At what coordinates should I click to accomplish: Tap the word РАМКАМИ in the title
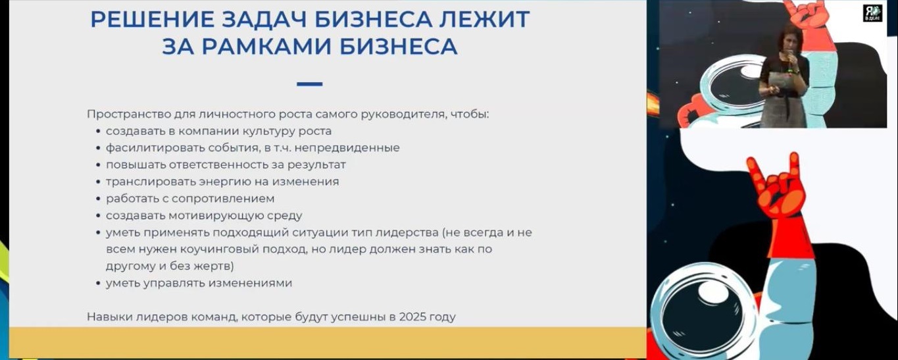coord(266,46)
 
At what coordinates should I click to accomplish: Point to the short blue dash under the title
coord(309,84)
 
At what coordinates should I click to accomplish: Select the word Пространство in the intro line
coord(129,115)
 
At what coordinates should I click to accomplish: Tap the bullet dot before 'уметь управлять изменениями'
coord(98,284)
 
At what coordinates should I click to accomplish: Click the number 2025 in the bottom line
coord(412,317)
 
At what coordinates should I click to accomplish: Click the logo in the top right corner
coord(872,13)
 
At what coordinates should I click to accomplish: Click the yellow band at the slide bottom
coord(328,342)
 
